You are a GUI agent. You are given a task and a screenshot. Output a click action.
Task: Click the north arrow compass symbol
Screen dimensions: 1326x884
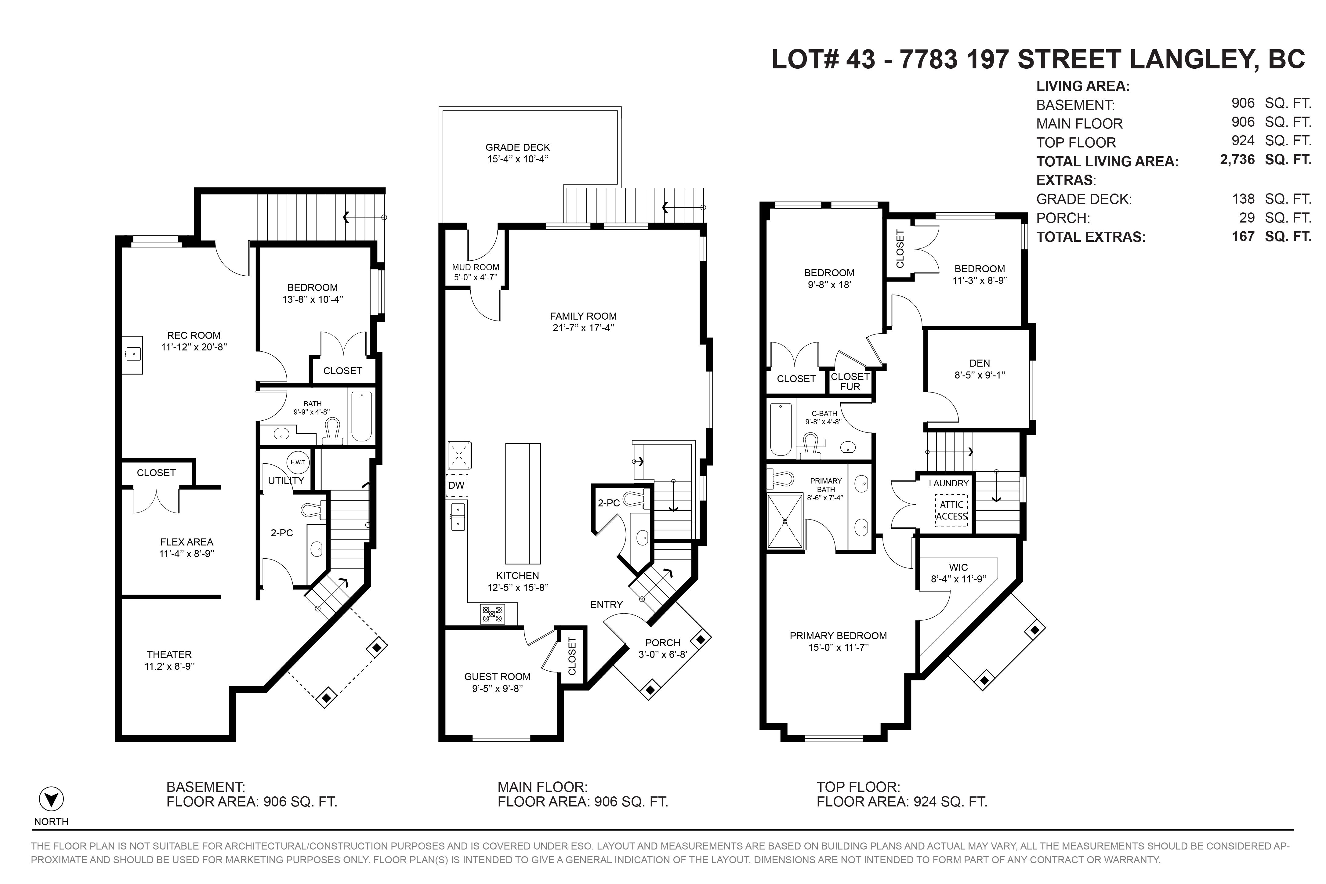[x=51, y=799]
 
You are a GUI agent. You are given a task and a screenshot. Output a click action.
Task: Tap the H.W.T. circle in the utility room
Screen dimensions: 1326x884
[x=298, y=462]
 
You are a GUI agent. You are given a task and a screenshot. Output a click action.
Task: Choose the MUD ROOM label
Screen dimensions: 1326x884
[x=475, y=267]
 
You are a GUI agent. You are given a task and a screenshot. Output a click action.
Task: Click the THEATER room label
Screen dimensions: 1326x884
[x=169, y=654]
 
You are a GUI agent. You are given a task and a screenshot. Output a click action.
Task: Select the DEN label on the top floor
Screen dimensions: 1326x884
[x=980, y=363]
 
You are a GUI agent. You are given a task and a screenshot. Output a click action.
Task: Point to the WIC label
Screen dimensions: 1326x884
[x=958, y=567]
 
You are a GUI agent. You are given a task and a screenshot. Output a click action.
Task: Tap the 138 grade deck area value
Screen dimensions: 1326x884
[x=1243, y=198]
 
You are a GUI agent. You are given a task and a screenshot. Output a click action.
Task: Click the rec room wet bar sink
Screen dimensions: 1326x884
[x=134, y=354]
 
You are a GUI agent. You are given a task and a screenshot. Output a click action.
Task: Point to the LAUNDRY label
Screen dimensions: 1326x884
[x=949, y=483]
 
